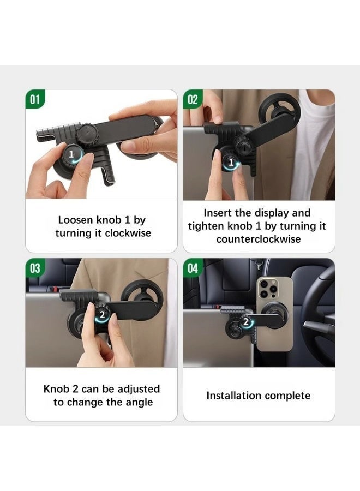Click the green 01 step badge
pyautogui.click(x=35, y=99)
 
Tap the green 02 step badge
pyautogui.click(x=193, y=99)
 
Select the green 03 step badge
pyautogui.click(x=35, y=268)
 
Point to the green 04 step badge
pyautogui.click(x=193, y=268)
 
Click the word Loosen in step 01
pyautogui.click(x=76, y=220)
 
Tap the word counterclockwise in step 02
pyautogui.click(x=259, y=239)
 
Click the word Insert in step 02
pyautogui.click(x=218, y=213)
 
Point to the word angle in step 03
pyautogui.click(x=139, y=403)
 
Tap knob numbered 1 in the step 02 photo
pyautogui.click(x=231, y=162)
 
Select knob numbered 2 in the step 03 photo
pyautogui.click(x=103, y=314)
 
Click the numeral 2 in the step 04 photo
pyautogui.click(x=246, y=321)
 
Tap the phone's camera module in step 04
pyautogui.click(x=268, y=289)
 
